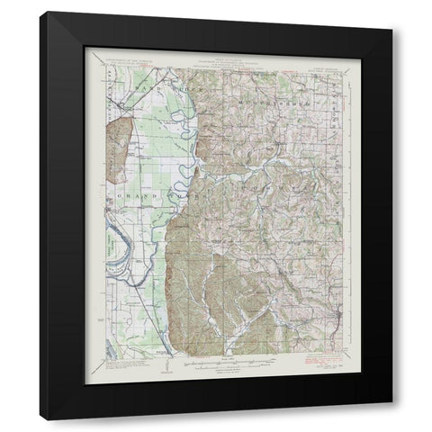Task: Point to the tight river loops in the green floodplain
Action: pos(189,162)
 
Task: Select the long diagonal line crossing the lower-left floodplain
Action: pos(144,297)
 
